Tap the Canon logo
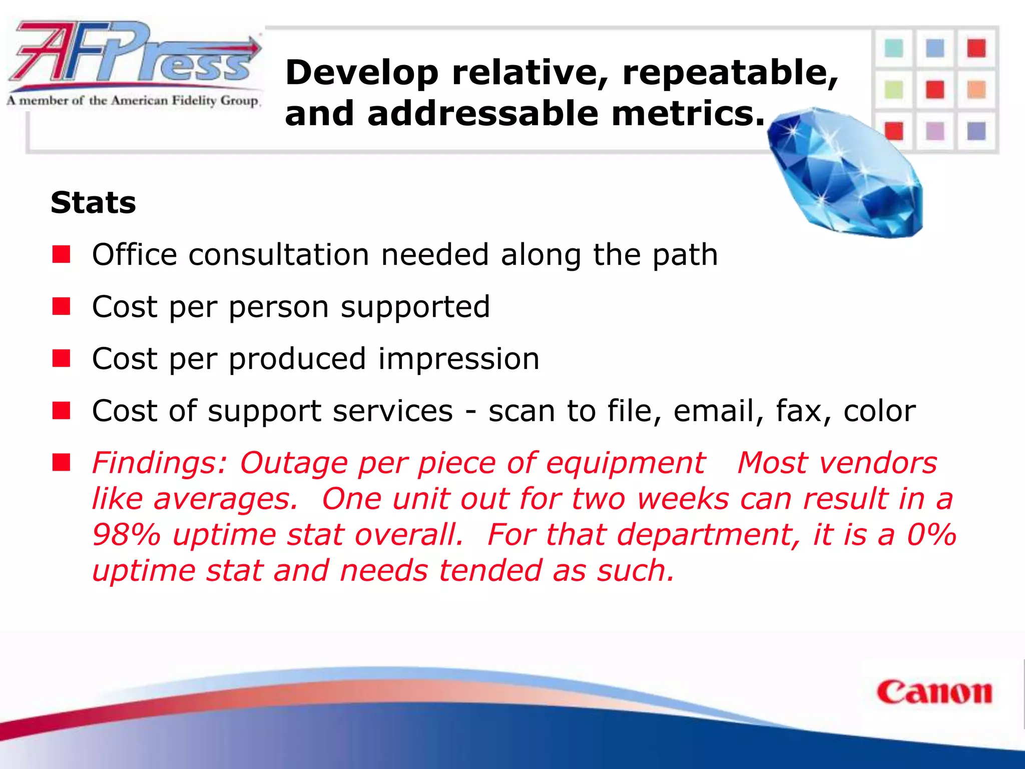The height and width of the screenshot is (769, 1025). point(934,693)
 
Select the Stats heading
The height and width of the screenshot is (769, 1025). point(94,203)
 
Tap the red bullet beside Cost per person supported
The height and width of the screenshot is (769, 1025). point(62,306)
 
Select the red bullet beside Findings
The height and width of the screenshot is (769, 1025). point(62,463)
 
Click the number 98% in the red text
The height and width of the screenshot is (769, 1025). point(126,534)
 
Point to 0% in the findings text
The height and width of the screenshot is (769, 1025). point(931,534)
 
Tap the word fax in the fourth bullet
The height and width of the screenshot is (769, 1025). point(803,411)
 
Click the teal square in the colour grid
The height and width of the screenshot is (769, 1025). point(894,49)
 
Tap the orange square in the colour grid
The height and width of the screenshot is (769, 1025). point(976,90)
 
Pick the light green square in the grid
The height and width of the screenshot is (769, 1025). point(894,90)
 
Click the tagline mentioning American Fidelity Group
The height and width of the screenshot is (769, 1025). point(133,101)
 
